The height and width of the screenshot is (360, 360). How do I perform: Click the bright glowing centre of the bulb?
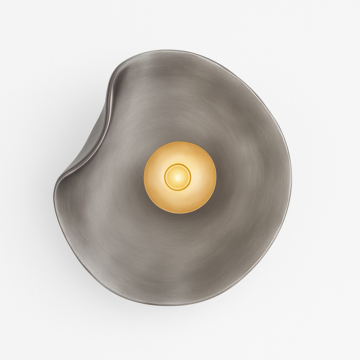[178, 177]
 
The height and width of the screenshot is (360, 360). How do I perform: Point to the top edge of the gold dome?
[180, 142]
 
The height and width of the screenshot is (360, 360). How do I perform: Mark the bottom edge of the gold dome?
[180, 213]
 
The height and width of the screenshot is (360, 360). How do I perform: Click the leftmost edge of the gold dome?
[144, 177]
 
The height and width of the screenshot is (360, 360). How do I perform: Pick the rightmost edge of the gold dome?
[216, 177]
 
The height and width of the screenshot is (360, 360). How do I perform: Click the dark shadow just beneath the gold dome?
[180, 218]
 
